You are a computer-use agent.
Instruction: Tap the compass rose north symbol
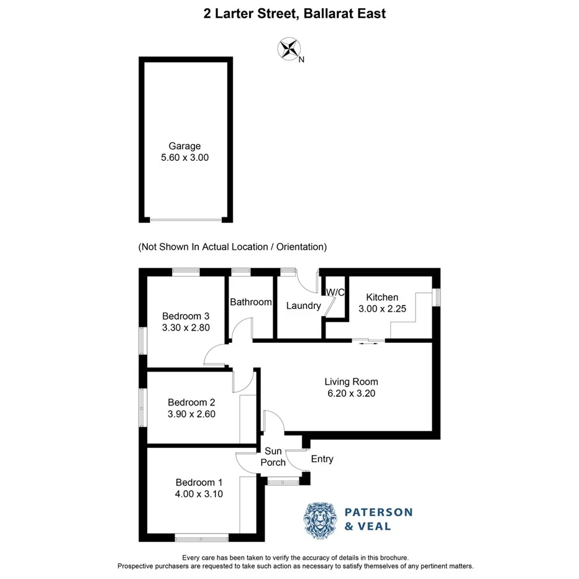[288, 49]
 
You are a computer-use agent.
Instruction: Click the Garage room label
[185, 146]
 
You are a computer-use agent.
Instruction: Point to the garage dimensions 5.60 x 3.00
[185, 158]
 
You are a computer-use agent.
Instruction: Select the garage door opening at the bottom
[185, 219]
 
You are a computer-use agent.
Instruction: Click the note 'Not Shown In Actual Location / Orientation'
[232, 247]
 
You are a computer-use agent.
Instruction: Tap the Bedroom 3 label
[185, 315]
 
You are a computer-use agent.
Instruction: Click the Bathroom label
[250, 303]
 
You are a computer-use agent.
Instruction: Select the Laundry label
[303, 306]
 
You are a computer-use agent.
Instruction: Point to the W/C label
[335, 293]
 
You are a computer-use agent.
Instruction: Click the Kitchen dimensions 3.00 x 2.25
[382, 309]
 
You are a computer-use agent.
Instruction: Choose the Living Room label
[351, 381]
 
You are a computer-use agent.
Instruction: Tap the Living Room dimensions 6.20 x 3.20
[351, 393]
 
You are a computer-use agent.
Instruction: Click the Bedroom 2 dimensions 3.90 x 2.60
[191, 414]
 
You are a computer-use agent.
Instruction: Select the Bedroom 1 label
[198, 483]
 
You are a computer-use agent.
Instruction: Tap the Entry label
[322, 459]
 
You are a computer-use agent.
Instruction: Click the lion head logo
[320, 519]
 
